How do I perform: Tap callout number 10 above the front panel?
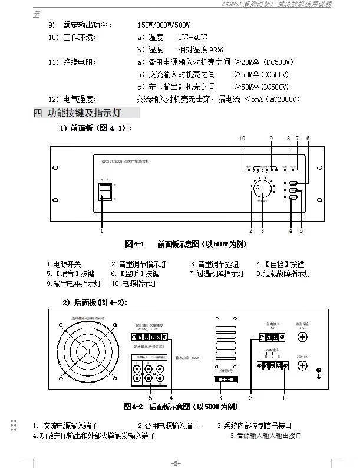point(242,138)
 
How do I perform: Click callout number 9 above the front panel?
point(271,138)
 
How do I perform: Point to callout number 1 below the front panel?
point(101,231)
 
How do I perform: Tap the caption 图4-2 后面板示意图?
point(181,407)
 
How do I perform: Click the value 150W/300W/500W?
point(164,25)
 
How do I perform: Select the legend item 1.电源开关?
point(64,265)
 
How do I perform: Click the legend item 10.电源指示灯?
point(134,284)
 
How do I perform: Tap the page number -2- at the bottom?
point(176,462)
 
